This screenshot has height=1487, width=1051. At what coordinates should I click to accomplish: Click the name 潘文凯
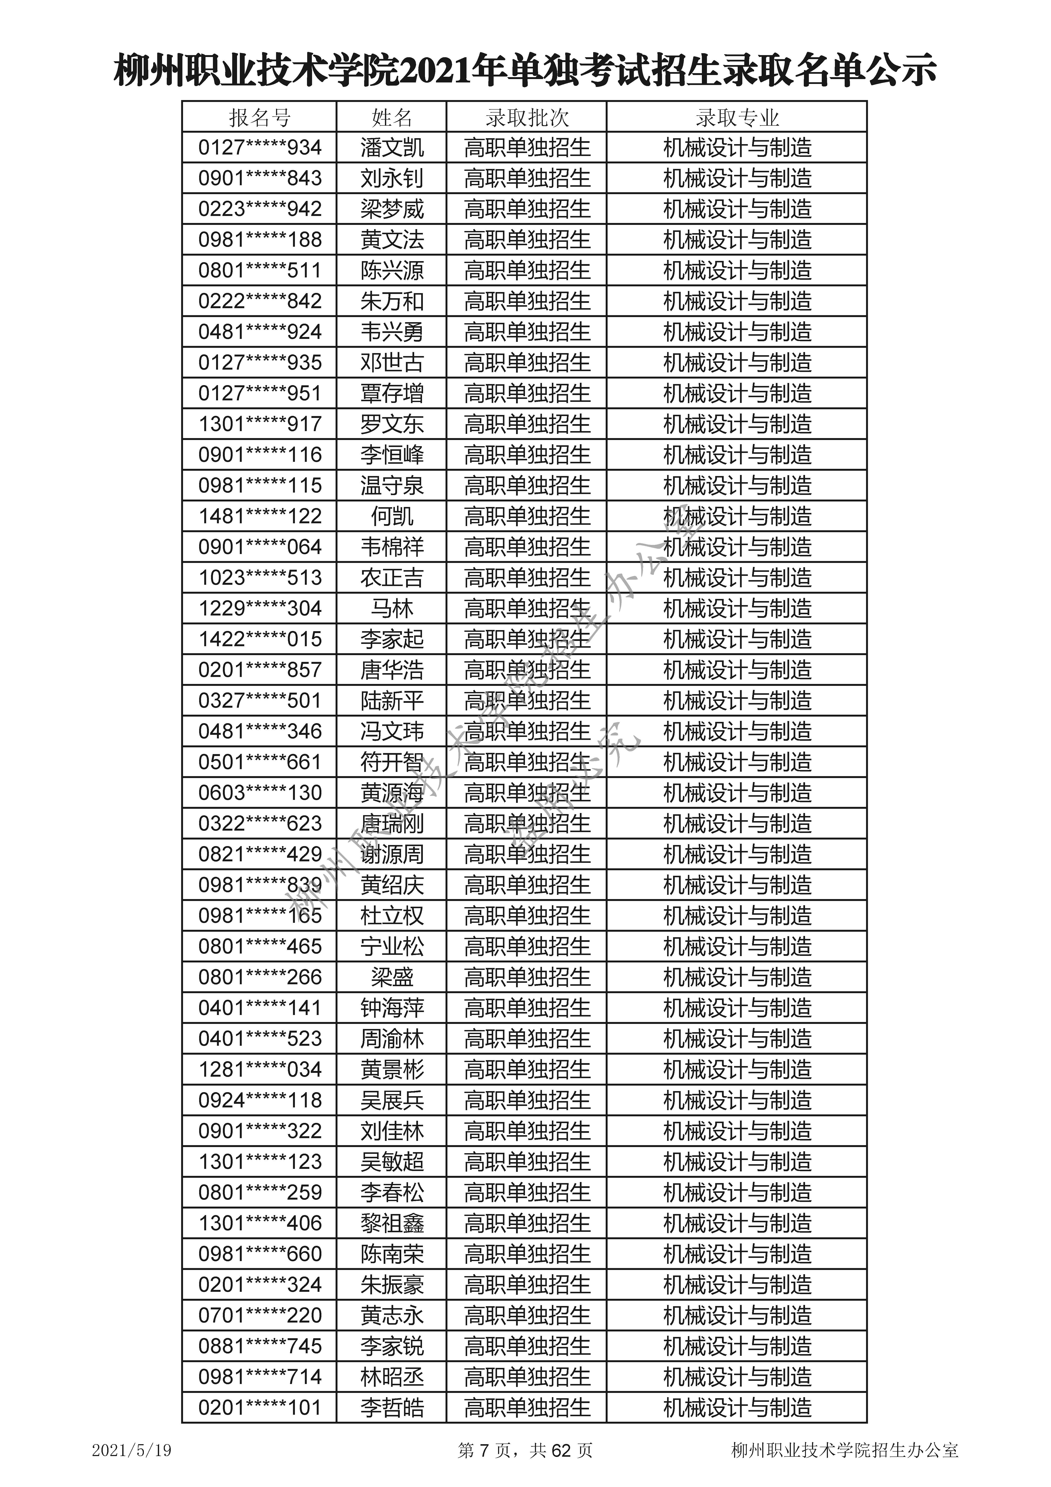[392, 148]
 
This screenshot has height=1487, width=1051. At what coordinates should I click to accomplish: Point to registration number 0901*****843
[260, 178]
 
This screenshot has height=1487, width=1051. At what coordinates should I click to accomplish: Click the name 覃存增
[392, 393]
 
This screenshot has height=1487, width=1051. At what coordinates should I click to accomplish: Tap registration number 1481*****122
[260, 516]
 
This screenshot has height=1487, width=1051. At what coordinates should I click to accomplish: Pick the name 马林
[392, 608]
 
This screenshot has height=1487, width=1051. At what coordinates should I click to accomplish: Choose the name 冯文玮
[392, 731]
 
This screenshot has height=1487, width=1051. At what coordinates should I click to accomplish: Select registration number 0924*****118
[260, 1100]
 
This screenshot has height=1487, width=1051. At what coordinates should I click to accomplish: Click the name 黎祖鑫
[392, 1223]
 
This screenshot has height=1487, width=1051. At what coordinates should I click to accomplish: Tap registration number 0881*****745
[260, 1346]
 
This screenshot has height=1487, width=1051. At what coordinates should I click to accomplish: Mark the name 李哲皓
[392, 1407]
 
